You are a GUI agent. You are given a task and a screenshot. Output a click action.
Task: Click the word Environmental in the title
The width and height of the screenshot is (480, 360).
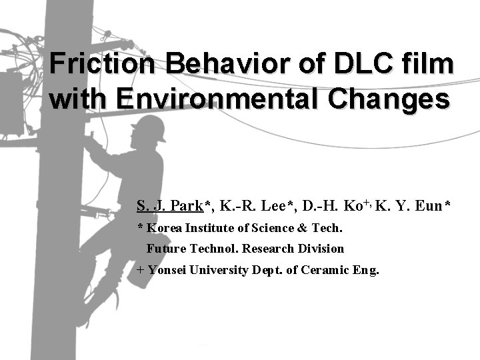click(219, 99)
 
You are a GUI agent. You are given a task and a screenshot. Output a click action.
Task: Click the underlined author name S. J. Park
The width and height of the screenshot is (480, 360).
click(170, 205)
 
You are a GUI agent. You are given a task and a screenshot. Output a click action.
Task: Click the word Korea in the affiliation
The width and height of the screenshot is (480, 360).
click(164, 228)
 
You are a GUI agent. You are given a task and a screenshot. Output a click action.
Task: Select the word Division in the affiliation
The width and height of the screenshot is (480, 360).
click(323, 249)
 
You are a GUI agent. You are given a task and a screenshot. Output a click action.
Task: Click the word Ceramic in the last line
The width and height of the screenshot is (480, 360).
click(327, 270)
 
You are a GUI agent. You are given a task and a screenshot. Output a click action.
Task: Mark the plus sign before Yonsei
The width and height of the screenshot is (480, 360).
click(140, 271)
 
